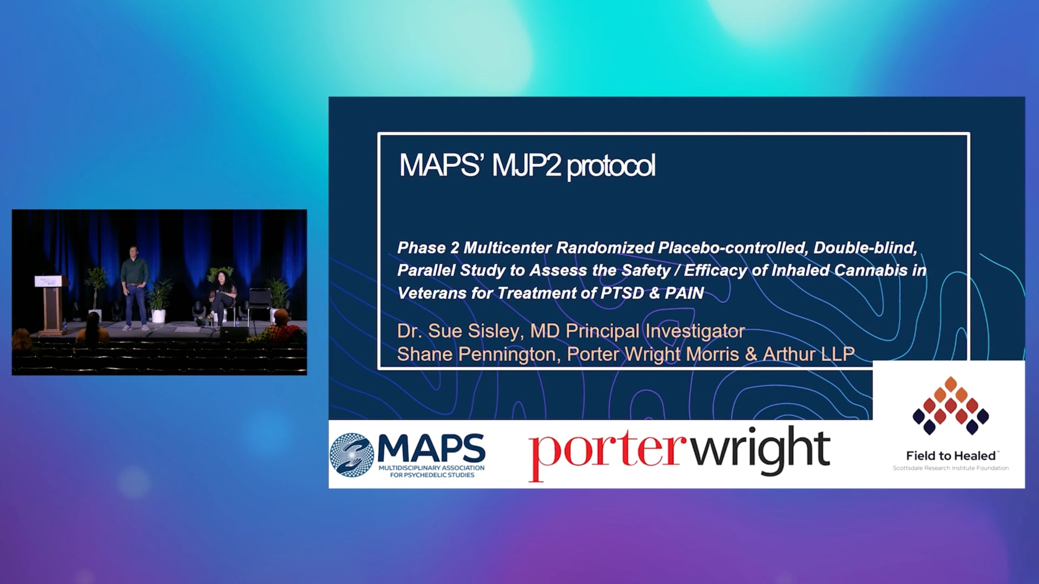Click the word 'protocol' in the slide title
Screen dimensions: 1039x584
[611, 166]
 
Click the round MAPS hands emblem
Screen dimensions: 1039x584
[352, 455]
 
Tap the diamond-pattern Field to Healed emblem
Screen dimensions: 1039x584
[950, 406]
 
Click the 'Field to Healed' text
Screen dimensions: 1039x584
[951, 456]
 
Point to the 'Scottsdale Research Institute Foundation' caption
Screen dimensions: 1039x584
[951, 468]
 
